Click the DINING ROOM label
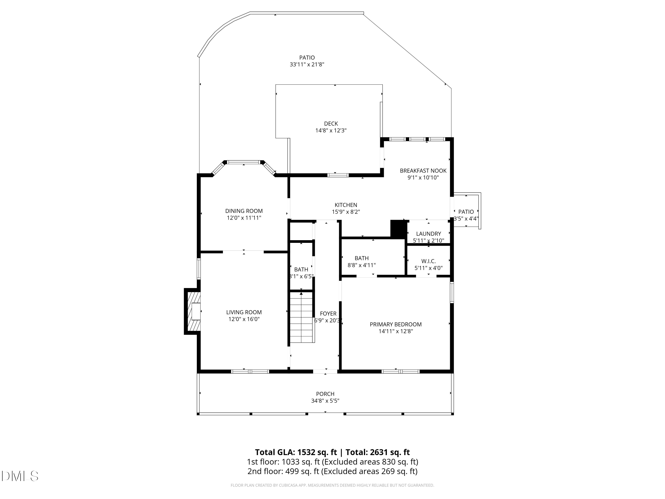(x=244, y=211)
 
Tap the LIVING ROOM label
(x=244, y=312)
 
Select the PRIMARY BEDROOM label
(x=396, y=324)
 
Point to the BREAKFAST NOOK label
(x=423, y=171)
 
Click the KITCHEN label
(x=346, y=205)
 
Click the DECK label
(x=331, y=124)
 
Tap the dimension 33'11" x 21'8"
(x=307, y=64)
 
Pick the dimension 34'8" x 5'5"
(x=325, y=401)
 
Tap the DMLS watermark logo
(x=20, y=476)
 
